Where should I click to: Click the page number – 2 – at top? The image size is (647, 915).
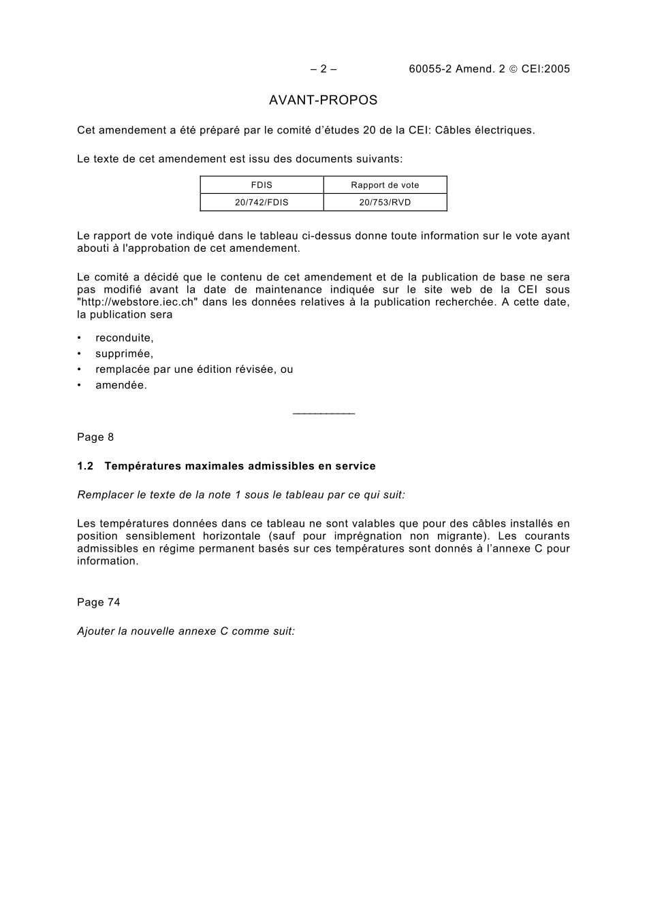coord(323,69)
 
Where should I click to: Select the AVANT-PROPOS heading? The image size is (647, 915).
coord(323,101)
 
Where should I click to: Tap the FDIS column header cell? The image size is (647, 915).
coord(262,185)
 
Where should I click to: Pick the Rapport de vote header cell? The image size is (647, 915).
coord(385,185)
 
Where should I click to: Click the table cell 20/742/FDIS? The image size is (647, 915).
coord(262,202)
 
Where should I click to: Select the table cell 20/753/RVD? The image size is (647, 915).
coord(385,202)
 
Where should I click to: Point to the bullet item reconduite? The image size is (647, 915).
coord(124,338)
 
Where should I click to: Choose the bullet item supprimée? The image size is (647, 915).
coord(124,354)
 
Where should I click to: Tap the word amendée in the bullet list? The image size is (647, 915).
coord(121,385)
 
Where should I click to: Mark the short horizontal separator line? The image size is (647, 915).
coord(323,414)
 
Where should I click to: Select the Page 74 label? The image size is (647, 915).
coord(99,602)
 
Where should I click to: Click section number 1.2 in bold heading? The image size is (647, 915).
coord(84,466)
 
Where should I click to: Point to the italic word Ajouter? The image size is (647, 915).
coord(96,631)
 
